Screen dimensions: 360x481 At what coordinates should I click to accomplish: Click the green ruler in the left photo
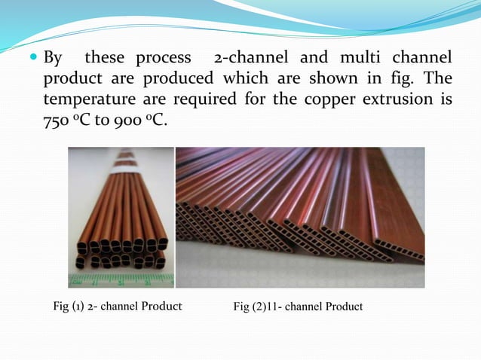(x=121, y=280)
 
